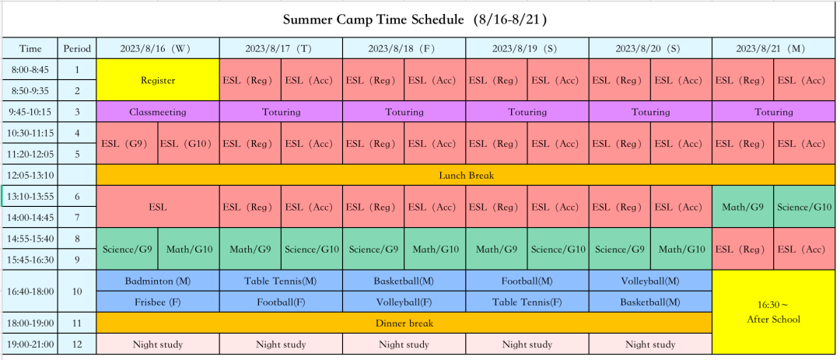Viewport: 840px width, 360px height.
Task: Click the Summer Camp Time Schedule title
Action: (x=415, y=20)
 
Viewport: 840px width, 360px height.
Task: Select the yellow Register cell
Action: (x=158, y=80)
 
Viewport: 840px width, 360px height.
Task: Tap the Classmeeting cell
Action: (x=158, y=112)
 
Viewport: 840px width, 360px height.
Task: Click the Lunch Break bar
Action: (x=466, y=175)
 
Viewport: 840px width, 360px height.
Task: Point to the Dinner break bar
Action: (x=404, y=323)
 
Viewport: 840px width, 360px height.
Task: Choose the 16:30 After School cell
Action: (x=774, y=313)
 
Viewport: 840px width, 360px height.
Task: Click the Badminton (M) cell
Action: (x=158, y=281)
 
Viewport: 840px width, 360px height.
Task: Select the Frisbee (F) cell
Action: (x=158, y=302)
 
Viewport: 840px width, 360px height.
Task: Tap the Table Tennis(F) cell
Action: (x=527, y=302)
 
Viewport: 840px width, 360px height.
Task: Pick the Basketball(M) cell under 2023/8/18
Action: (x=404, y=281)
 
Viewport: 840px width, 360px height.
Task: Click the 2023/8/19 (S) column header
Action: (x=527, y=48)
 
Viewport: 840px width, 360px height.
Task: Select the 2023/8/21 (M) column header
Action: (x=774, y=48)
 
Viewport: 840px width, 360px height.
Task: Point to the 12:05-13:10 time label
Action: (x=30, y=175)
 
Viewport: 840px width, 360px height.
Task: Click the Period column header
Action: (x=78, y=48)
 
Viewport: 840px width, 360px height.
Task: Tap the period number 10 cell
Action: (x=78, y=292)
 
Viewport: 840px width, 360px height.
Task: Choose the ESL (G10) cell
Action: (x=188, y=144)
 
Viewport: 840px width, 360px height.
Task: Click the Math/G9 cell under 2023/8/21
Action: (x=743, y=207)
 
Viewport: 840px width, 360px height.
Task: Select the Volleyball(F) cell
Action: (x=404, y=302)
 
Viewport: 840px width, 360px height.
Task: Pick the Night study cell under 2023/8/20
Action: (x=650, y=344)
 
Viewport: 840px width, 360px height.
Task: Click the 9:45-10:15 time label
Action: (x=30, y=112)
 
